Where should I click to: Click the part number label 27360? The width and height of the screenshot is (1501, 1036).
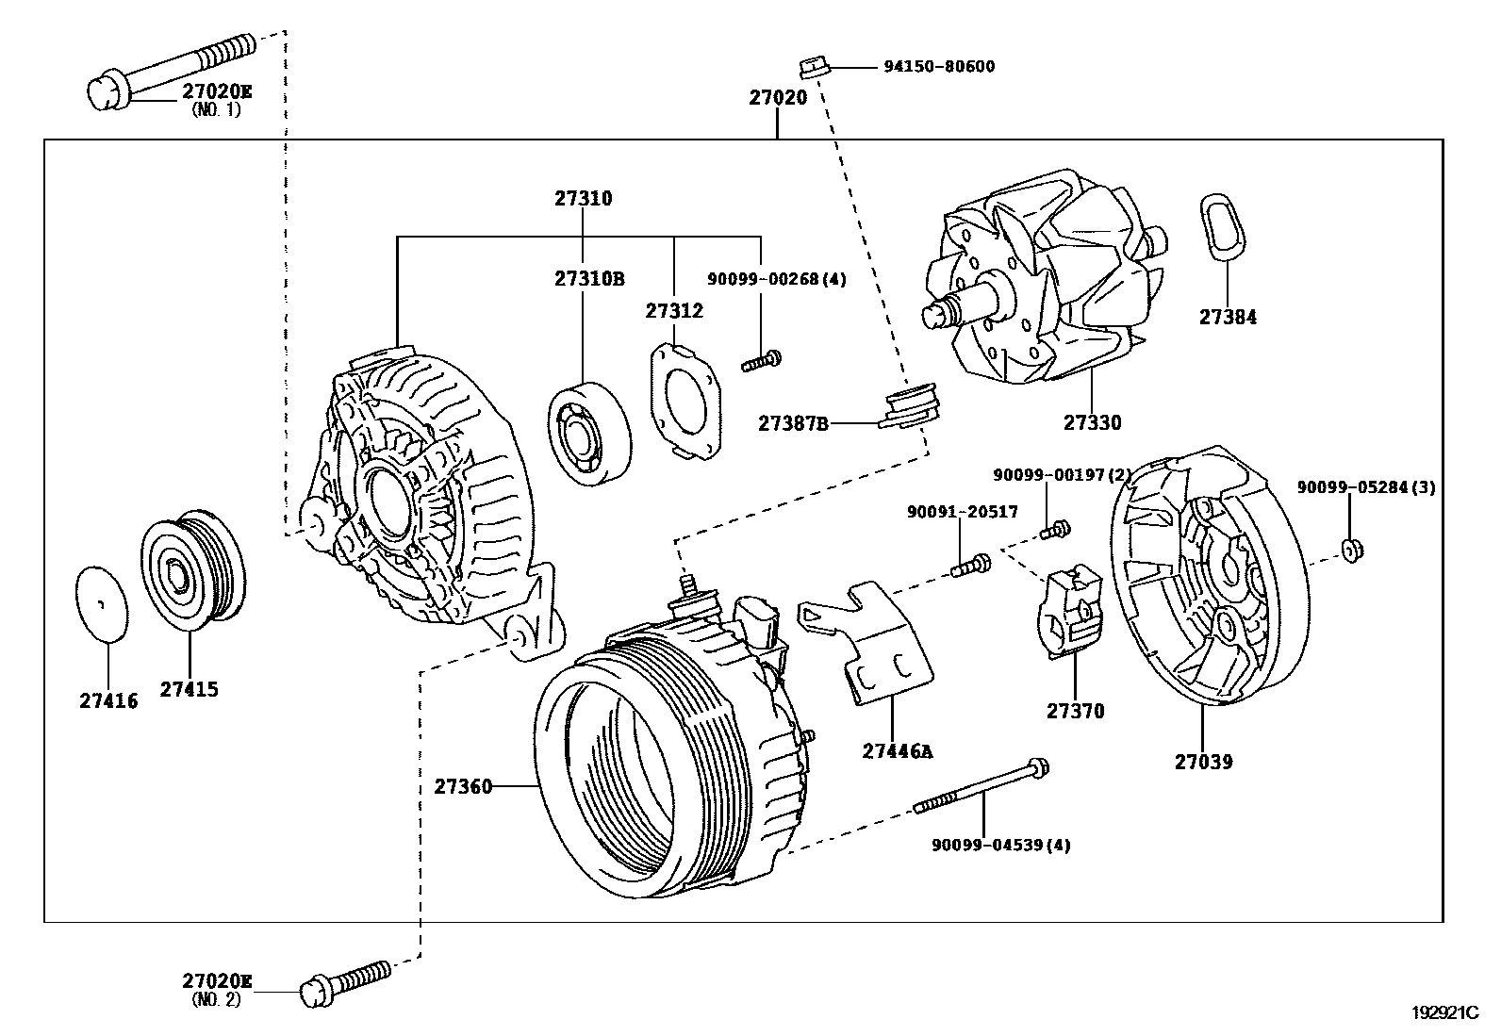pyautogui.click(x=463, y=786)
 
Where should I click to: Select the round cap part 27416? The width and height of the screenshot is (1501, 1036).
pyautogui.click(x=101, y=603)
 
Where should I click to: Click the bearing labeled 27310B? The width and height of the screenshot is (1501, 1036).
pyautogui.click(x=590, y=435)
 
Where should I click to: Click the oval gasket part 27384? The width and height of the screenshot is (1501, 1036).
pyautogui.click(x=1224, y=226)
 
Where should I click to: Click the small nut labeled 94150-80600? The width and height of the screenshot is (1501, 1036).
pyautogui.click(x=814, y=67)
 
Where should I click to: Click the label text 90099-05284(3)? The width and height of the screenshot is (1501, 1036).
pyautogui.click(x=1365, y=487)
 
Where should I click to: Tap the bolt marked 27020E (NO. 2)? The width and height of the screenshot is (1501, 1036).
pyautogui.click(x=345, y=980)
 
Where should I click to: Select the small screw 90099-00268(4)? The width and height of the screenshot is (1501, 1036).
pyautogui.click(x=763, y=360)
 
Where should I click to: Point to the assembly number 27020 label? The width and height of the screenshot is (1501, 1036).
pyautogui.click(x=778, y=97)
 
